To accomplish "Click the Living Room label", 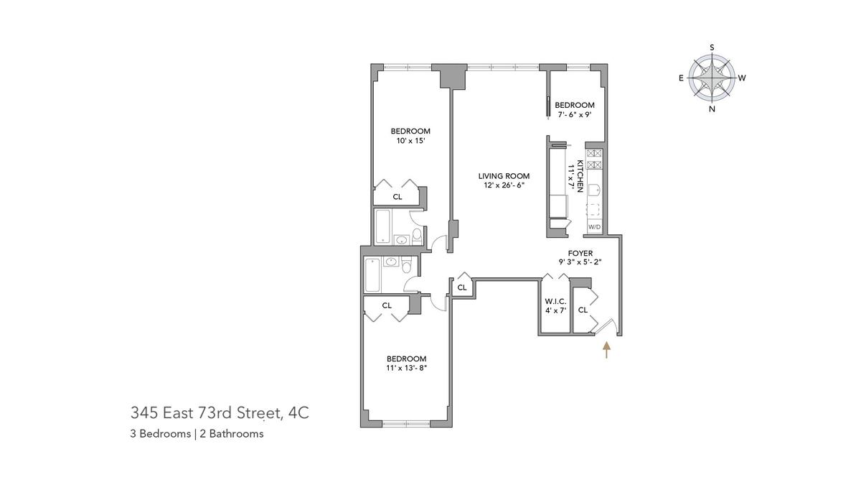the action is (x=504, y=176).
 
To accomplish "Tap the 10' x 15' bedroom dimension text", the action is (x=410, y=141).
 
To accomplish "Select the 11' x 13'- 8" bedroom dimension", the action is (x=407, y=368).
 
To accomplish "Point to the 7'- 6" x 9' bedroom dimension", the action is (x=574, y=114).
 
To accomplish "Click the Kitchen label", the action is (x=580, y=176).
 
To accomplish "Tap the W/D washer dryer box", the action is (x=594, y=227).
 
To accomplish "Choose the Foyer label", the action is (x=580, y=253).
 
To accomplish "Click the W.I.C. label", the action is (x=555, y=301).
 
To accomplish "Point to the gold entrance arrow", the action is (x=606, y=350).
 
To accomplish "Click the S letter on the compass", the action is (x=712, y=47).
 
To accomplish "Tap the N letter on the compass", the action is (x=712, y=109).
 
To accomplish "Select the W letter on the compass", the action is (x=742, y=78).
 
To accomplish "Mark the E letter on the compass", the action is (x=681, y=78).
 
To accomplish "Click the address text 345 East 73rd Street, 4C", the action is (x=220, y=413).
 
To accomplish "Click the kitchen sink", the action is (x=594, y=190).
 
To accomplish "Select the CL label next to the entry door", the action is (x=583, y=310).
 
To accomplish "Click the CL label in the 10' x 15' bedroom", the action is (x=397, y=197).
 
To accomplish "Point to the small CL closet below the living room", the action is (x=462, y=287).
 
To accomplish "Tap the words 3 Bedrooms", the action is (x=160, y=434).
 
